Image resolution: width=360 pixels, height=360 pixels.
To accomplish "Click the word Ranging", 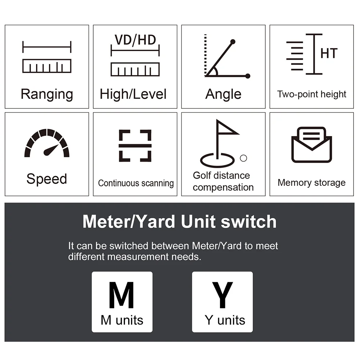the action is (x=47, y=94).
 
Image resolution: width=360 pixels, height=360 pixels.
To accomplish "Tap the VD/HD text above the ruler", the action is (x=135, y=40).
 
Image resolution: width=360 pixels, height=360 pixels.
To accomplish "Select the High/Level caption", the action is (x=133, y=94).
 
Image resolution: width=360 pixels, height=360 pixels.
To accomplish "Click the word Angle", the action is (x=223, y=94).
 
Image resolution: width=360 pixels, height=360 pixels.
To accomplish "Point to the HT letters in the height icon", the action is (x=329, y=53).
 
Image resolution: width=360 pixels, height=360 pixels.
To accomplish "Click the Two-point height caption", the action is (x=311, y=94).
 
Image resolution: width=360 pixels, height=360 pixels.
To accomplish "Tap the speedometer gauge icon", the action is (x=47, y=143).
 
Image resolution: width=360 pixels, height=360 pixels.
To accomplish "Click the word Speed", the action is (x=46, y=179).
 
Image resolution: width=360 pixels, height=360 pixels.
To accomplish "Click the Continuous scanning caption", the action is (x=136, y=184).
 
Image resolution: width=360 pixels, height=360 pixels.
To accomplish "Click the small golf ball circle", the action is (x=243, y=158).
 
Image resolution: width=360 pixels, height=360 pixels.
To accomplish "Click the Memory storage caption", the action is (x=311, y=183).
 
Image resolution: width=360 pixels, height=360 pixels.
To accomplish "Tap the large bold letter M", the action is (x=121, y=295).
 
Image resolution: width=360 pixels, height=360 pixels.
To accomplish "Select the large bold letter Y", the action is (x=222, y=295).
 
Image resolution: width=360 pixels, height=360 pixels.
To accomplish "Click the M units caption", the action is (x=122, y=320).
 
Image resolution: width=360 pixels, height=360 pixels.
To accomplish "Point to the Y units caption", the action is (x=225, y=320).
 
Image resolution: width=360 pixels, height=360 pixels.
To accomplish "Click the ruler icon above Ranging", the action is (x=47, y=66).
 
